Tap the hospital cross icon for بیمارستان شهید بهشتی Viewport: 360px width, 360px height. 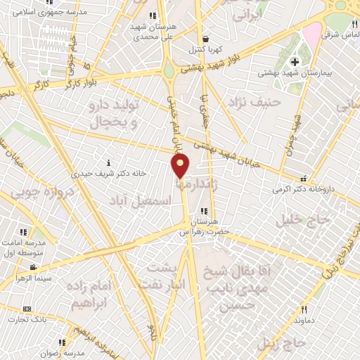point(295,62)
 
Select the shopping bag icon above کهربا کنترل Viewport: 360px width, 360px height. point(205,39)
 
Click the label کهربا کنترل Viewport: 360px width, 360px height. point(204,51)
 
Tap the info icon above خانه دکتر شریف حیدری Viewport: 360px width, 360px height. point(108,162)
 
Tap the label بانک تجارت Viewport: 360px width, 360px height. point(24,320)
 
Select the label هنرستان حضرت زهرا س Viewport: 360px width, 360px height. point(205,226)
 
